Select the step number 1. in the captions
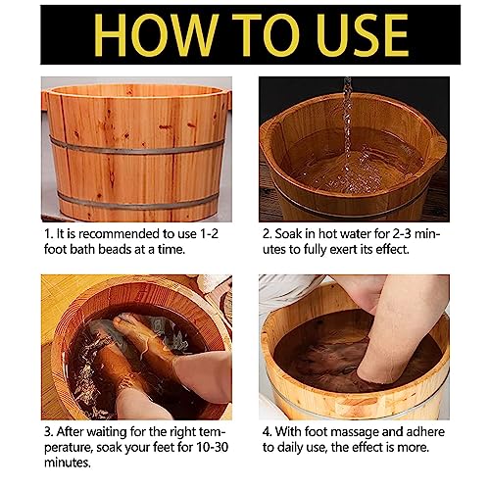48,236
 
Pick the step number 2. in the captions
266,236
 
